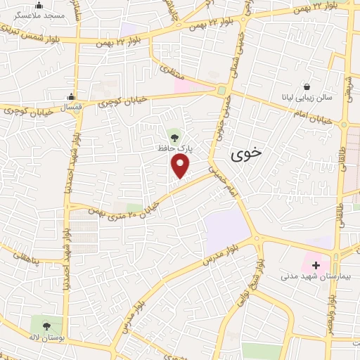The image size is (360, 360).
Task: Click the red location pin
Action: [181, 165]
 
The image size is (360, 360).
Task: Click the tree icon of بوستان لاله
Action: [46, 326]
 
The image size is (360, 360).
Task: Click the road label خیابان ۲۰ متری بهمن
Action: [127, 210]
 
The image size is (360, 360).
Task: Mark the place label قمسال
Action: [69, 108]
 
